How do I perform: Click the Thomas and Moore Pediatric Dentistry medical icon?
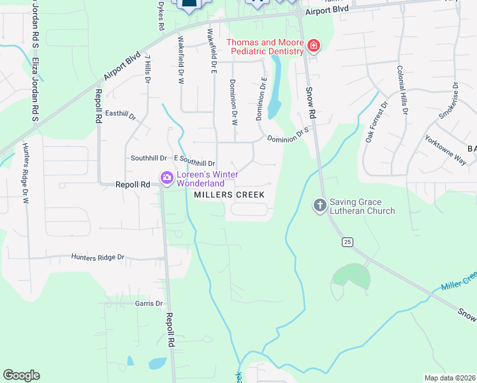[313, 45]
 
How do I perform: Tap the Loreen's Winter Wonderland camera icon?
[167, 177]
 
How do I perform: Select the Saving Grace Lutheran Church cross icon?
[319, 205]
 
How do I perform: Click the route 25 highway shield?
[347, 241]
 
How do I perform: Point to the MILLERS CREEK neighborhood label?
[229, 194]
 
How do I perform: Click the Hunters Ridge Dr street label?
[98, 257]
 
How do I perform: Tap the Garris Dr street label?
[149, 304]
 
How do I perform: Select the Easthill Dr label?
[121, 115]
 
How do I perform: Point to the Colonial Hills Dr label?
[402, 90]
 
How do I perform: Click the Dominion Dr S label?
[288, 135]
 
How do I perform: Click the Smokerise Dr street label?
[448, 100]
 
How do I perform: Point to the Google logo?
[21, 375]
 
